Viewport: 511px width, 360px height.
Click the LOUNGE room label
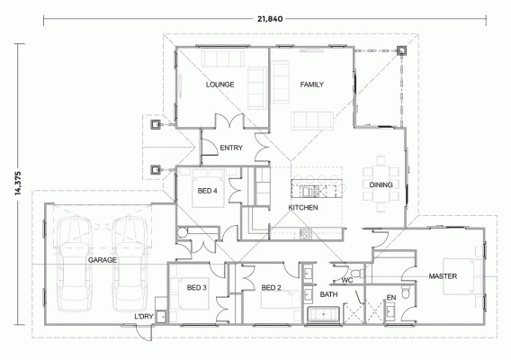[x=220, y=85]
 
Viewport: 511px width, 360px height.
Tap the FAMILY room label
[x=311, y=85]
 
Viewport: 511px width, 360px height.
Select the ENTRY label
[x=231, y=148]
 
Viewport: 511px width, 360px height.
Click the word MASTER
[x=444, y=275]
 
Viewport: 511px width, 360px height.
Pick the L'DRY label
[x=142, y=316]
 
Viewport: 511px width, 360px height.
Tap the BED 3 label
[x=197, y=288]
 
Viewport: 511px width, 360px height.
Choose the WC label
[x=345, y=279]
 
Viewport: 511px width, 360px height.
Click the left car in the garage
[x=71, y=260]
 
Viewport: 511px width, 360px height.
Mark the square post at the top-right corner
[x=402, y=50]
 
